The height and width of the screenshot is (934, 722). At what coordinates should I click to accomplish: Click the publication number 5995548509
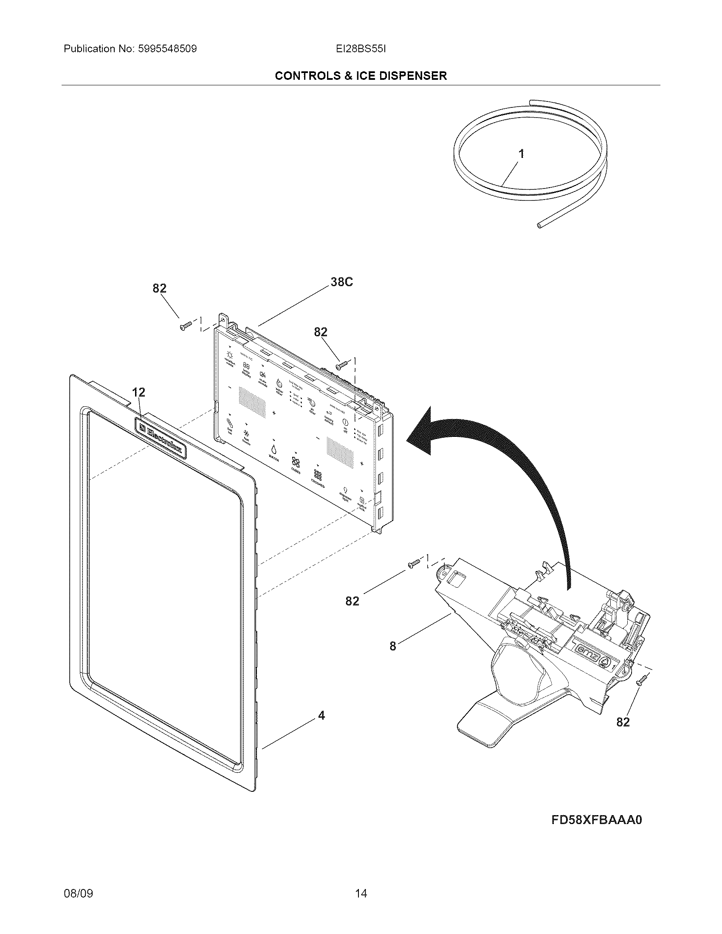point(167,49)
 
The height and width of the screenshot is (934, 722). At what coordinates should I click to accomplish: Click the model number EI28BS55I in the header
point(361,49)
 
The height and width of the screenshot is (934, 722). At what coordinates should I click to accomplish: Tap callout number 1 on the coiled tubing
point(521,154)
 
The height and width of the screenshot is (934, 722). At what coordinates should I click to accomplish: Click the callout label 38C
point(341,282)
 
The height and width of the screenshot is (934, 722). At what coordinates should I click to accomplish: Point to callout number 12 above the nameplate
point(138,392)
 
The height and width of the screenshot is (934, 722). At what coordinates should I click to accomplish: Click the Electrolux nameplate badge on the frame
point(161,438)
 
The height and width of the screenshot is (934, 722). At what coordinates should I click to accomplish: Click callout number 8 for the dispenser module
point(393,646)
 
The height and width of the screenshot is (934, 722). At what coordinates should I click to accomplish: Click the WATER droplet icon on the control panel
point(273,449)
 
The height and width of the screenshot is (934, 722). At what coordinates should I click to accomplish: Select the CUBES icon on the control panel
point(296,463)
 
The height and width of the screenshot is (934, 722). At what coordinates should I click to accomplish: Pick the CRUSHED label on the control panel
point(318,486)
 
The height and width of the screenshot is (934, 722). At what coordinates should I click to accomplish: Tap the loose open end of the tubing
point(540,225)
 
